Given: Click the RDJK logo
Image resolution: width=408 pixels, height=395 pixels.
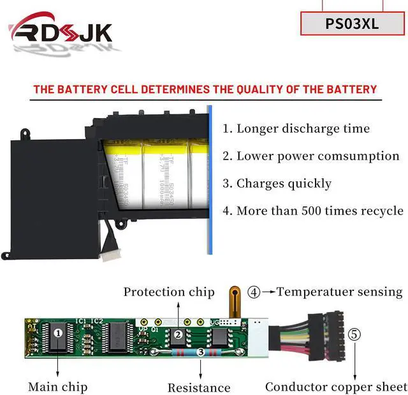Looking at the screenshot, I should point(61,32).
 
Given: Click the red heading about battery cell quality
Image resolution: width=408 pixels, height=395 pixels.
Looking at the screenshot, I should point(205,89).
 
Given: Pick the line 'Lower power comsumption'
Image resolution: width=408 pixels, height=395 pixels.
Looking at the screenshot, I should point(311,156).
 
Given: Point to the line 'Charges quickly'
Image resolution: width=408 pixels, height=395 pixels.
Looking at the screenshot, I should point(277,184).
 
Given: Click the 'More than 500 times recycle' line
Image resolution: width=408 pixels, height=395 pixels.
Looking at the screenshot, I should point(312,211).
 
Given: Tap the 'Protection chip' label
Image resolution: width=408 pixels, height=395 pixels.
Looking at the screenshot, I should point(169,292).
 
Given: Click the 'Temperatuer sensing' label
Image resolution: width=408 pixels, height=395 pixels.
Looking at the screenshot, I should point(340,292).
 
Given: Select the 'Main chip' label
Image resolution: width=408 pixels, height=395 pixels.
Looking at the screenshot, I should point(57,387).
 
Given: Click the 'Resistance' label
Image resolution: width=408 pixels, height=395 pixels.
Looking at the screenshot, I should point(199,387).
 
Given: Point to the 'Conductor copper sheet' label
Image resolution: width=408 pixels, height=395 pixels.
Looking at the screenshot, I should point(336,387).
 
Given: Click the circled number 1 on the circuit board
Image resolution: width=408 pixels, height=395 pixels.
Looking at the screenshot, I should point(58,332).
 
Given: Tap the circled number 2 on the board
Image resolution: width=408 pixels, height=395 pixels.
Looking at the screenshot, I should point(179,334).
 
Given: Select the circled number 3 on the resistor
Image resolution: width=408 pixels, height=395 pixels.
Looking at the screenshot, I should point(200,352).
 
